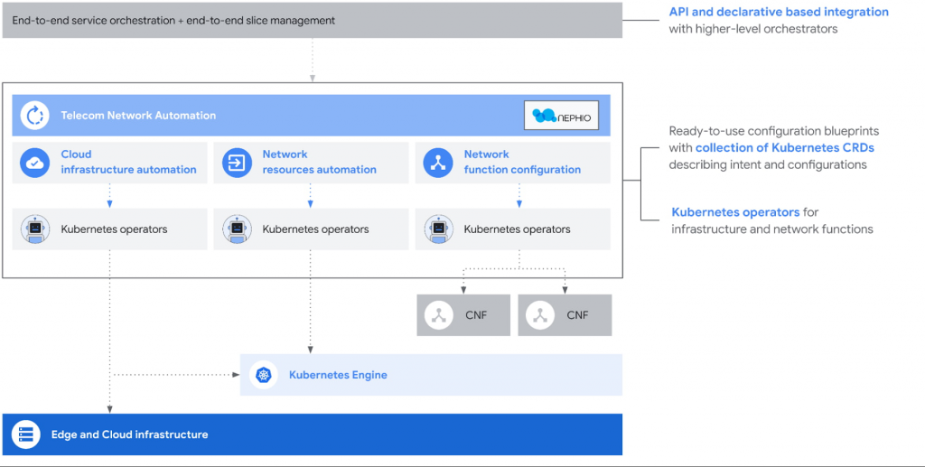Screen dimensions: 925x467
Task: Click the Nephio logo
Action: tap(561, 116)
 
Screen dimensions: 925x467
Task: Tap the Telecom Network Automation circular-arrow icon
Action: tap(35, 116)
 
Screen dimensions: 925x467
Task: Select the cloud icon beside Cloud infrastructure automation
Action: tap(35, 163)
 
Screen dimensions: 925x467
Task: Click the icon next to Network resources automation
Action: tap(237, 163)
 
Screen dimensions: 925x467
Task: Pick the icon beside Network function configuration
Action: tap(438, 163)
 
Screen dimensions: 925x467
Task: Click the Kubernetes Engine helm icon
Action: tap(263, 375)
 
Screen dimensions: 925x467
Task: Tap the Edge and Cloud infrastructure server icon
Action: tap(25, 435)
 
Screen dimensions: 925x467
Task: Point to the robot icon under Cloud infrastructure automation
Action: tap(35, 229)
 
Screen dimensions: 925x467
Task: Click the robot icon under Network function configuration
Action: tap(438, 229)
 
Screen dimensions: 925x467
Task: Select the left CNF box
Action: tap(463, 315)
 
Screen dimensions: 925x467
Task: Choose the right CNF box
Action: tap(565, 315)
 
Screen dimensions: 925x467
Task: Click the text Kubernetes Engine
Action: tap(338, 375)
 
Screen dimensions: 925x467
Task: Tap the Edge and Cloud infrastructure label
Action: tap(130, 435)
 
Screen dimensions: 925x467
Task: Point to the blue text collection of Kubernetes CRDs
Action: tap(785, 148)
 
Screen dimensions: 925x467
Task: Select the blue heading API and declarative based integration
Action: tap(779, 12)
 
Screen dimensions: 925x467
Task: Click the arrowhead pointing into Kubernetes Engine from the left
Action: tap(237, 374)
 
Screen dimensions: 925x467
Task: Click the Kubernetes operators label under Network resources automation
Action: tap(315, 229)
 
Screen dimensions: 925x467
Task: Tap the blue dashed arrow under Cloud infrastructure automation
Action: tap(109, 195)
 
